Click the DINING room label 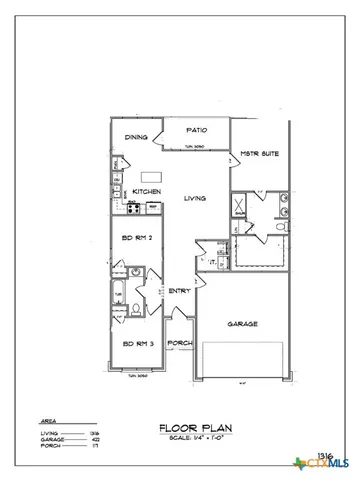[x=135, y=138]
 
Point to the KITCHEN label [x=147, y=192]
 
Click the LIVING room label [x=195, y=198]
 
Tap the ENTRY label [x=180, y=291]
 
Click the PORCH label [x=180, y=343]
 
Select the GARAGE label [x=244, y=324]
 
